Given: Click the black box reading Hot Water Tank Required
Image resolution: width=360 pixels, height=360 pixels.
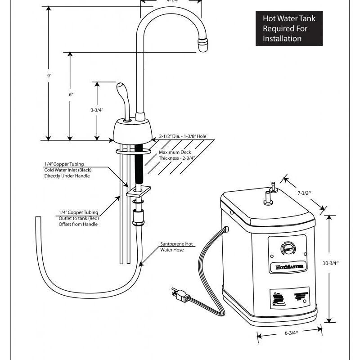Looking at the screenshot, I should click(289, 29).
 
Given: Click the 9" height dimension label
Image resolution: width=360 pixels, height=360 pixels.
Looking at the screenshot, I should click(49, 76).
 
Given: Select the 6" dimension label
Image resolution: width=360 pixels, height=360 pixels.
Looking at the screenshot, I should click(71, 94).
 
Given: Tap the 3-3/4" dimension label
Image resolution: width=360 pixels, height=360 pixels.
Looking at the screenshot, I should click(97, 110).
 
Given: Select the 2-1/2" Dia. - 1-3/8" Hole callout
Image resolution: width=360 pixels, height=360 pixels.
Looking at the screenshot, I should click(184, 136).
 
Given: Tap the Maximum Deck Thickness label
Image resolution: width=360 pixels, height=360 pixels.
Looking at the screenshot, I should click(175, 155).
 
